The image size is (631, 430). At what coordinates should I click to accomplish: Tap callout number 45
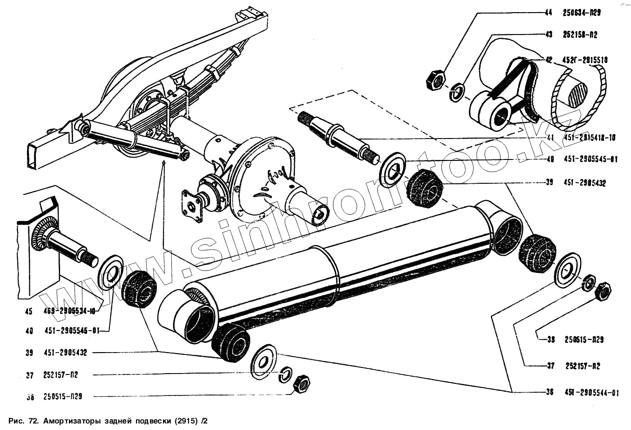(x=29, y=312)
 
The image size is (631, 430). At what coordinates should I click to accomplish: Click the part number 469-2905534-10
(x=70, y=312)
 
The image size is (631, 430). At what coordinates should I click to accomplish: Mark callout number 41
(x=550, y=138)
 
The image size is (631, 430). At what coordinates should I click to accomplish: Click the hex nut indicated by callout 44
(x=436, y=79)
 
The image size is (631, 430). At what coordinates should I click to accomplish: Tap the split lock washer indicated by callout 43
(x=458, y=91)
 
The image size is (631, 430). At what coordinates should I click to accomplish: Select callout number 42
(x=549, y=60)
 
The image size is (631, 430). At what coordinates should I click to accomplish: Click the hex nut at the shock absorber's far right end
(x=604, y=291)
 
